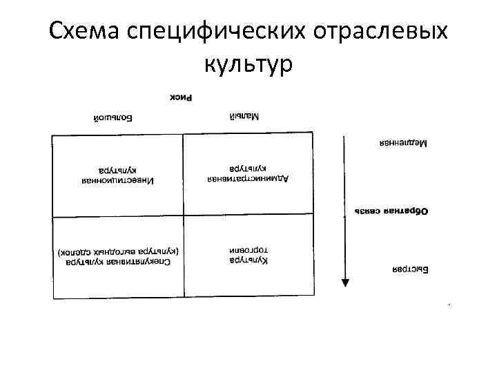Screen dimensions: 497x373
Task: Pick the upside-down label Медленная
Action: point(403,144)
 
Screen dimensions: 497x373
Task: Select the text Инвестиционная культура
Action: point(116,175)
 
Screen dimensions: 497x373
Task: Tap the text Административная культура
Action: point(248,173)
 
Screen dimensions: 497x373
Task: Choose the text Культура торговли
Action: point(248,254)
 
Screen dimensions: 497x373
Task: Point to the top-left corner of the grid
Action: point(52,134)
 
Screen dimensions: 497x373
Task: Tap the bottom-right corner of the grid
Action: point(314,298)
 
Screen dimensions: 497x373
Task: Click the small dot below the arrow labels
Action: point(449,304)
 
